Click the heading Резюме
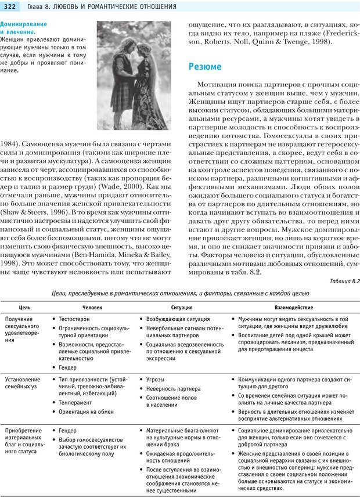(x=204, y=67)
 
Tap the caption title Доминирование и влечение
(x=24, y=28)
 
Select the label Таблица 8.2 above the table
(x=344, y=282)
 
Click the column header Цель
(x=25, y=307)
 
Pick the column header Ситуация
(x=182, y=307)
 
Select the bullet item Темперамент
(x=76, y=402)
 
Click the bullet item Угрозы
(x=156, y=380)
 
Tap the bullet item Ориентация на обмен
(x=87, y=412)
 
